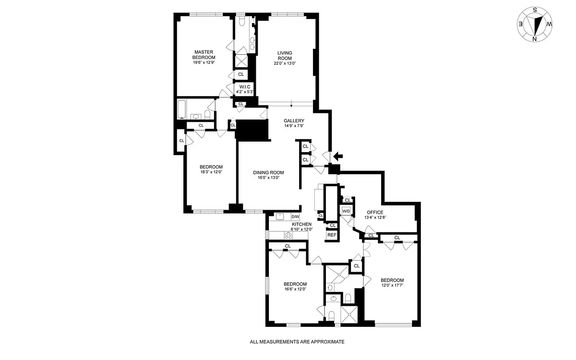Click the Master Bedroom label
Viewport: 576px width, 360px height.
pyautogui.click(x=204, y=55)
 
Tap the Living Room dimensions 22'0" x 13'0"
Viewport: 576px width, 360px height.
pyautogui.click(x=285, y=63)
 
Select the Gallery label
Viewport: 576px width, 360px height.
pyautogui.click(x=294, y=120)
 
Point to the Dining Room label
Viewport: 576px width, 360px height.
pyautogui.click(x=268, y=172)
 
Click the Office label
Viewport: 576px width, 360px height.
pyautogui.click(x=375, y=212)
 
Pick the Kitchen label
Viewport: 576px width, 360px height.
pyautogui.click(x=301, y=224)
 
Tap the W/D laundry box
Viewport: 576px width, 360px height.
pyautogui.click(x=346, y=211)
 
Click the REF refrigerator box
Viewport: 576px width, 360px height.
pyautogui.click(x=332, y=235)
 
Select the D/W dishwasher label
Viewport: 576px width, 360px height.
pyautogui.click(x=295, y=216)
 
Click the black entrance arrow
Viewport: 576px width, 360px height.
pyautogui.click(x=338, y=156)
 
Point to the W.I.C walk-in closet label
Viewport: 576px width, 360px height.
pyautogui.click(x=244, y=87)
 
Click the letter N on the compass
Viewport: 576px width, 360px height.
pyautogui.click(x=534, y=39)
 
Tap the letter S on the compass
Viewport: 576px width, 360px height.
pyautogui.click(x=535, y=10)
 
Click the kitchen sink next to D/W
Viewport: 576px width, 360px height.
pyautogui.click(x=280, y=216)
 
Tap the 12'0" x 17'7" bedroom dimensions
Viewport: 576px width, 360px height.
pyautogui.click(x=392, y=285)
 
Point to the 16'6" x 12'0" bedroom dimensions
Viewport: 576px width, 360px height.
pyautogui.click(x=295, y=289)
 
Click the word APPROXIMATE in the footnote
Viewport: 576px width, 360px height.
pyautogui.click(x=327, y=342)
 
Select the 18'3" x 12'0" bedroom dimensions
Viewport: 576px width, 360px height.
pyautogui.click(x=211, y=172)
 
